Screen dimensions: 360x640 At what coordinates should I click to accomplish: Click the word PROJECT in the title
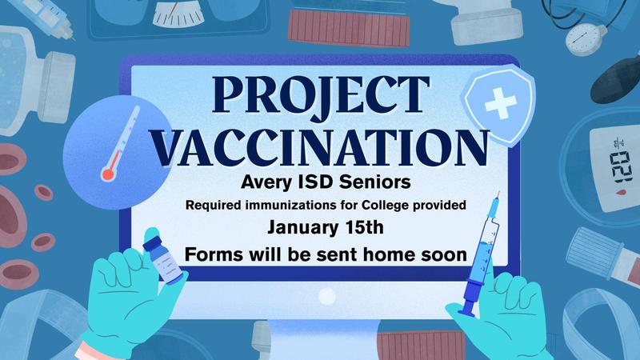(315, 98)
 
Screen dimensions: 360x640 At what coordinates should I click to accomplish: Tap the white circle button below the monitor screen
(326, 297)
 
